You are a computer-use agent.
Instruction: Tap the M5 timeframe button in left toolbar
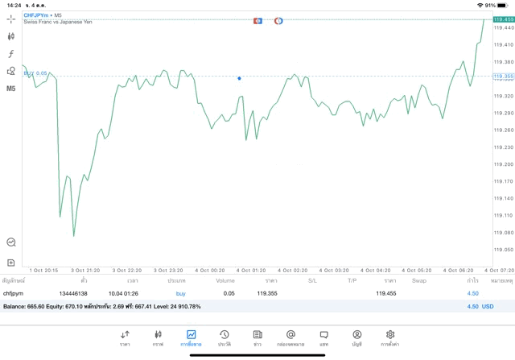coord(11,88)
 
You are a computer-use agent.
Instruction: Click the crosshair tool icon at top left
coord(11,19)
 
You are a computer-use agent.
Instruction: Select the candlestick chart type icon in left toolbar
coord(11,36)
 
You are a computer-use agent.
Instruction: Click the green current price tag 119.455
coord(504,19)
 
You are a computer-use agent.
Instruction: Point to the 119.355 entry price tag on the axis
coord(504,77)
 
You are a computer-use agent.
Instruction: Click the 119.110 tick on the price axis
coord(504,215)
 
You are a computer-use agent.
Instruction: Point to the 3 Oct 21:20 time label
coord(84,271)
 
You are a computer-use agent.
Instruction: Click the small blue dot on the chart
coord(239,78)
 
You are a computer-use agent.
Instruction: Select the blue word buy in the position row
coord(180,294)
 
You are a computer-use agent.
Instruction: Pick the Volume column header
coord(225,281)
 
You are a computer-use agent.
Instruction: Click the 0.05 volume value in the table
coord(229,294)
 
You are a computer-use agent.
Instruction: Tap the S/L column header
coord(313,281)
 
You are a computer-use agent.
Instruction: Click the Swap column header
coord(419,281)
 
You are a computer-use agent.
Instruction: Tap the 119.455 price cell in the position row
coord(386,294)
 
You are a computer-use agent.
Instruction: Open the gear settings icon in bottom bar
coord(390,336)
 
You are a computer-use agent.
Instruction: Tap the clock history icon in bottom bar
coord(225,336)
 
